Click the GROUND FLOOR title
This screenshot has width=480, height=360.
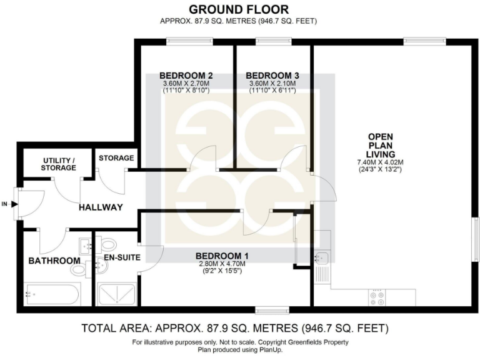point(239,9)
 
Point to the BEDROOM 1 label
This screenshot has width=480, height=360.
point(222,256)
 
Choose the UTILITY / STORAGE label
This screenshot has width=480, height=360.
point(59,164)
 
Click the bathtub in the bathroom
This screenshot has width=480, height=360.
point(52,294)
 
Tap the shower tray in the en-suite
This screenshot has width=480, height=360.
point(117,294)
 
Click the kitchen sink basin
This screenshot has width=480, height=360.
point(321,257)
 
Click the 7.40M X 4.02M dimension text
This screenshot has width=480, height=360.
point(381,162)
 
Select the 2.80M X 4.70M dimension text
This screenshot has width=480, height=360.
point(222,264)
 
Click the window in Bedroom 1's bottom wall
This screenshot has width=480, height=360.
point(272,308)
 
